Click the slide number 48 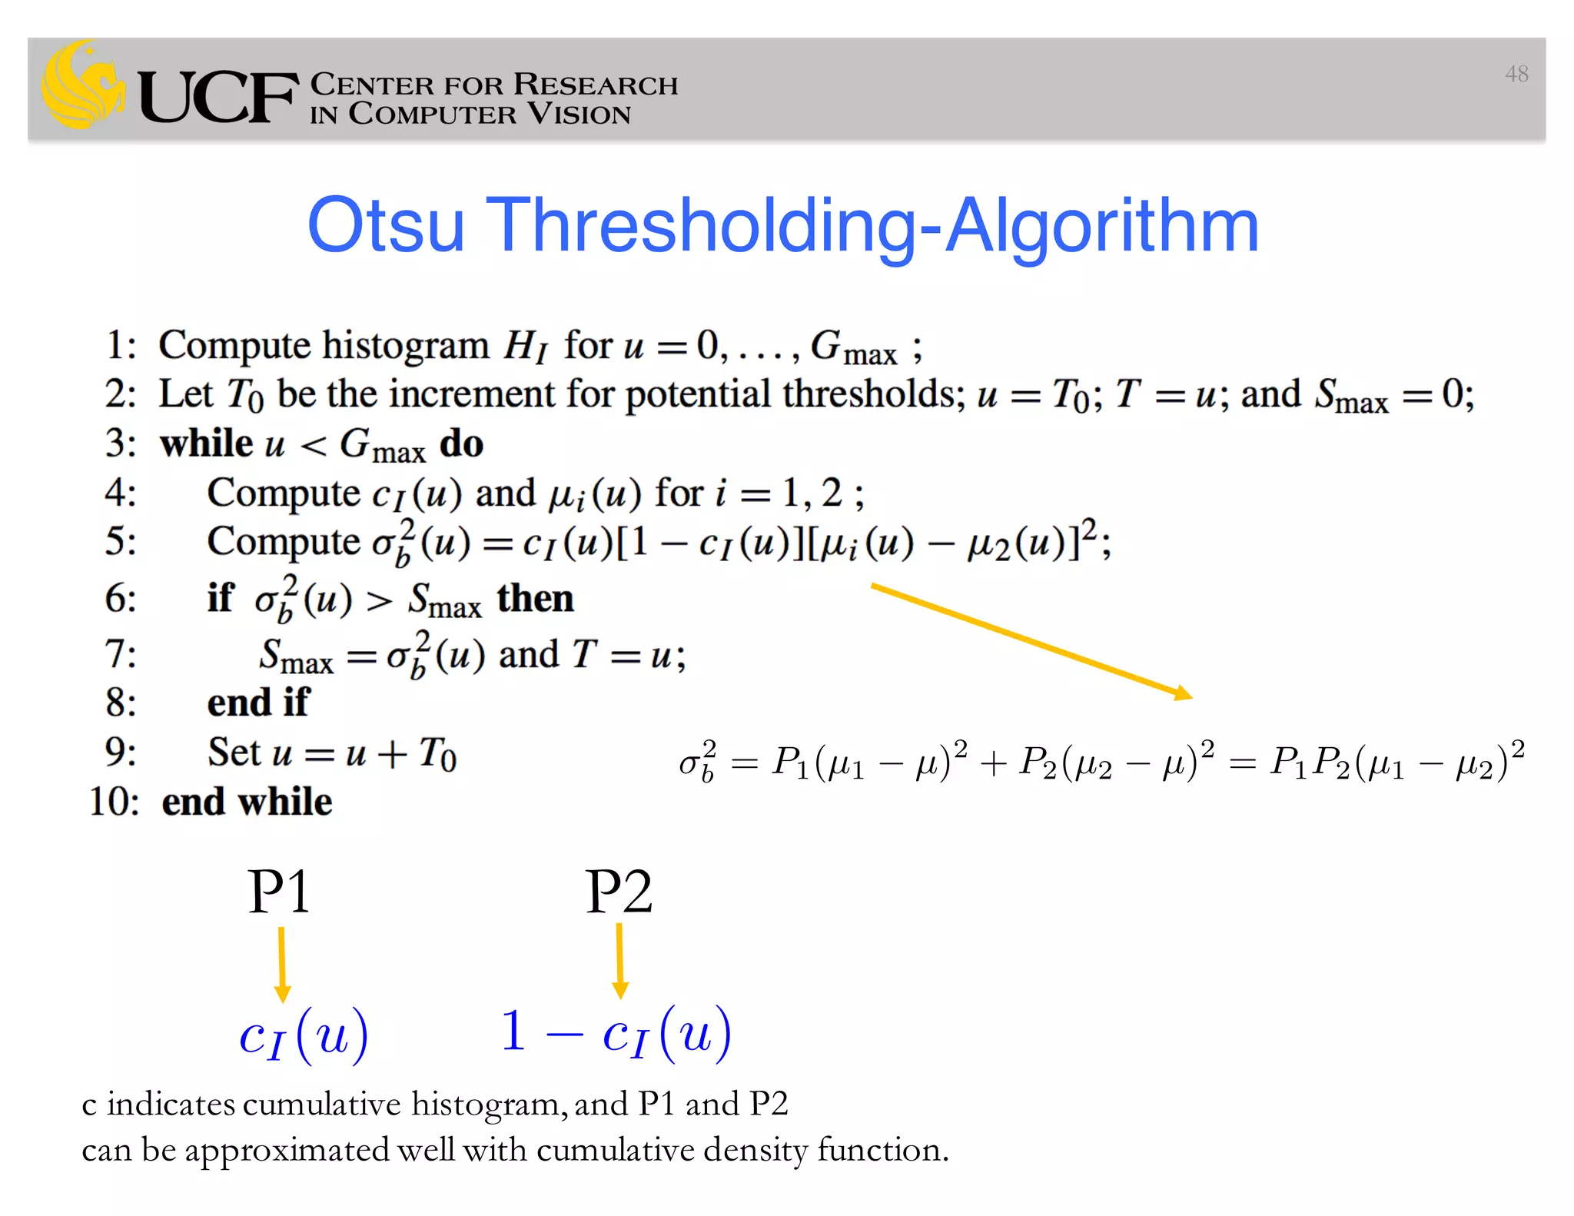coord(1516,74)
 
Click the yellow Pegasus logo coord(82,85)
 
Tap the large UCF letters coord(218,96)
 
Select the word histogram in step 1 coord(405,346)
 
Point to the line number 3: coord(121,444)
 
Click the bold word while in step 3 coord(206,444)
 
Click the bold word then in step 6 coord(535,598)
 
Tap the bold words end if coord(258,703)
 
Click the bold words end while coord(247,802)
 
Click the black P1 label coord(279,892)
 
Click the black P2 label coord(619,892)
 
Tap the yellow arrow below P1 coord(282,965)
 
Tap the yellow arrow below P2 coord(620,961)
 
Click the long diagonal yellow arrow coord(1031,641)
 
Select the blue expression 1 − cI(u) coord(616,1034)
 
